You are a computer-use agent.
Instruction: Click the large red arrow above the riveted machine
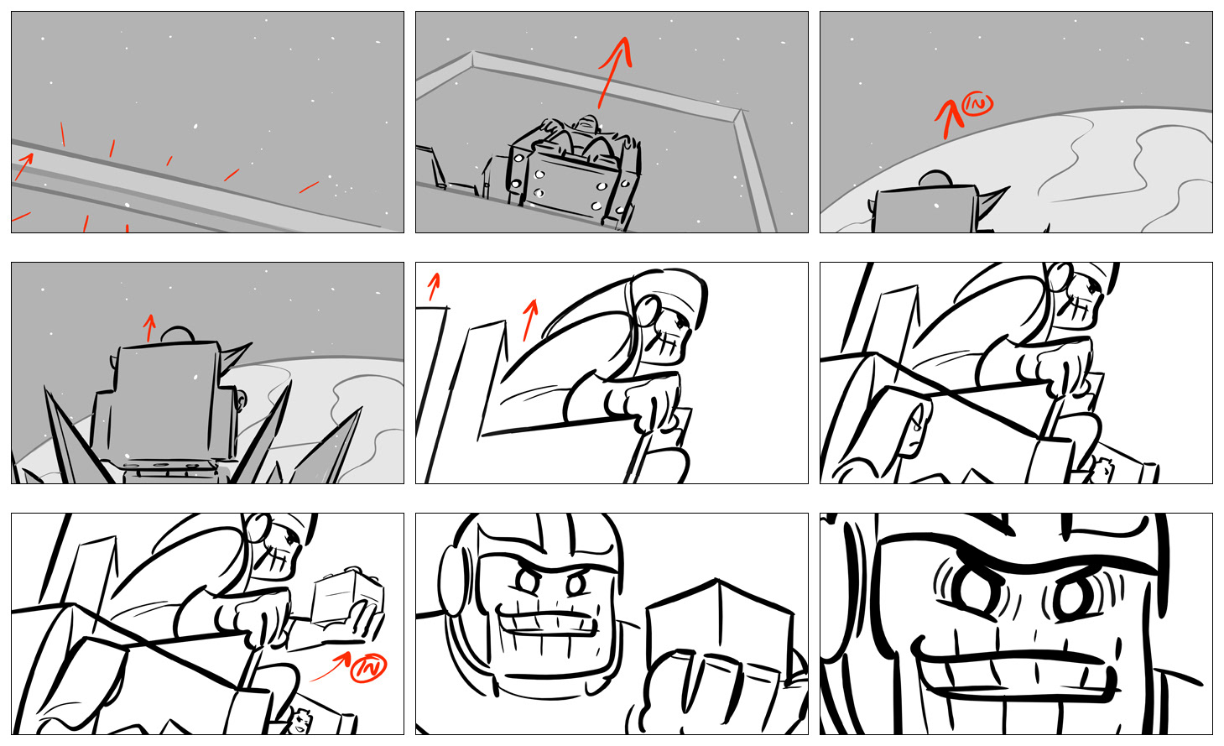[x=615, y=72]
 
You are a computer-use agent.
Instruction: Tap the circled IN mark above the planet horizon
[x=977, y=104]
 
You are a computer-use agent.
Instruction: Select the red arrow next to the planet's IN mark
[x=948, y=118]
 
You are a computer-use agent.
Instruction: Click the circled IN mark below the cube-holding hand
[x=368, y=668]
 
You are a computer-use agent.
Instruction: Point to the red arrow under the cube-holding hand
[x=331, y=665]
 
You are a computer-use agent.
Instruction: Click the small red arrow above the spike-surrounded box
[x=148, y=328]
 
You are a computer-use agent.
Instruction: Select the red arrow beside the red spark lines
[x=24, y=166]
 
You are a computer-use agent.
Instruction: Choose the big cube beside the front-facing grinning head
[x=719, y=629]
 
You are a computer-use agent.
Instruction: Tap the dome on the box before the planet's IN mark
[x=936, y=180]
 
